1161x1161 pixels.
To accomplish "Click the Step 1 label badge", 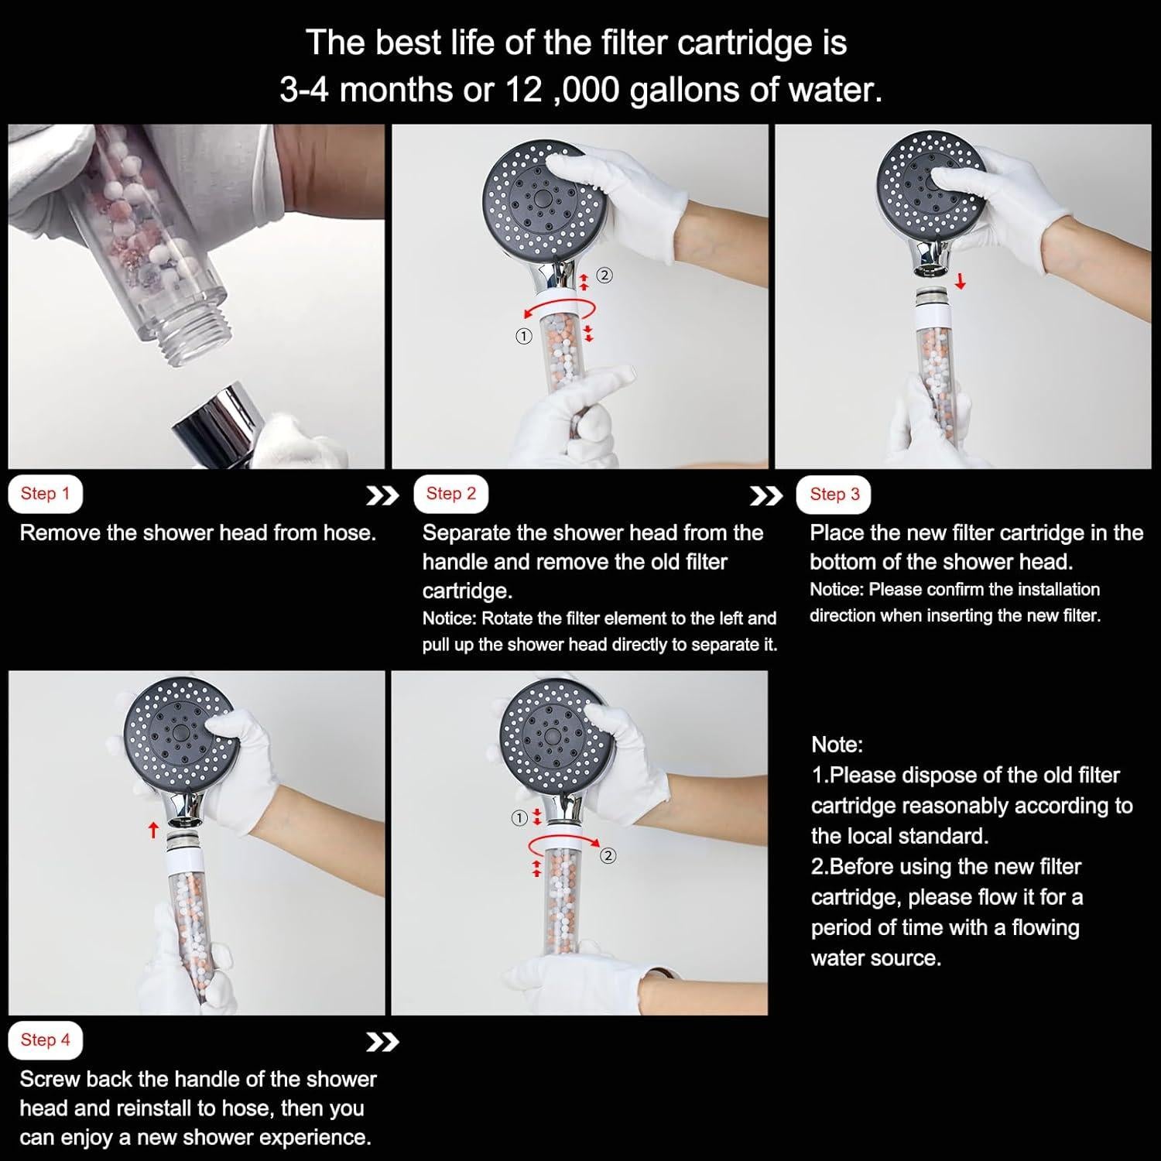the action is pyautogui.click(x=45, y=494).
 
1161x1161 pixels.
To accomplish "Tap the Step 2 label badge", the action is pyautogui.click(x=451, y=494).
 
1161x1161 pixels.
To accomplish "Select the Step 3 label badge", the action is pyautogui.click(x=834, y=495).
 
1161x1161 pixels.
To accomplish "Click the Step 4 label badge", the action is pyautogui.click(x=45, y=1040).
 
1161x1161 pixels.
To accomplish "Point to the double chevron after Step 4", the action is pyautogui.click(x=382, y=1043).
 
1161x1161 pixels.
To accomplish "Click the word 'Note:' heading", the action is pyautogui.click(x=837, y=745).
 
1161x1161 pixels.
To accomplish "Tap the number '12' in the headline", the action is pyautogui.click(x=521, y=90).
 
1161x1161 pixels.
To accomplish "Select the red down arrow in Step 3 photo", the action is pyautogui.click(x=961, y=280).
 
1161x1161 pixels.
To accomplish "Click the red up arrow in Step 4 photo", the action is pyautogui.click(x=153, y=830).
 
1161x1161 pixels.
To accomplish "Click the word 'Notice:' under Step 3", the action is pyautogui.click(x=837, y=590).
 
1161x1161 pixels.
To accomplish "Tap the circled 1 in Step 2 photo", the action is pyautogui.click(x=524, y=337).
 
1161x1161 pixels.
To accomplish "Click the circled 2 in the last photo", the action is pyautogui.click(x=608, y=855).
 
